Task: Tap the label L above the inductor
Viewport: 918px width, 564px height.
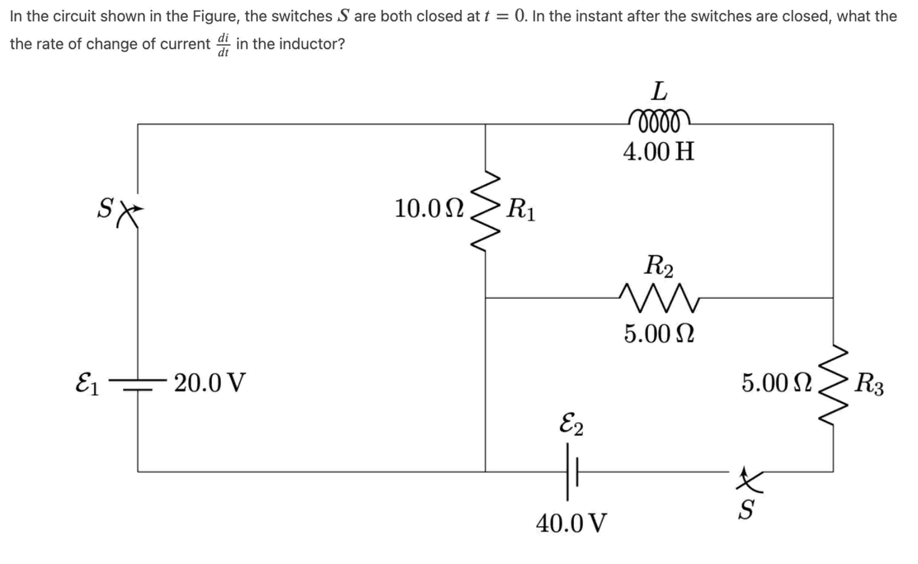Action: point(659,91)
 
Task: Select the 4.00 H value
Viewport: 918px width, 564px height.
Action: point(659,152)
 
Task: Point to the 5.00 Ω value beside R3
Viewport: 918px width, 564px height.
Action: point(777,383)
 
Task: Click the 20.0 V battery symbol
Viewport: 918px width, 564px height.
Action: point(138,385)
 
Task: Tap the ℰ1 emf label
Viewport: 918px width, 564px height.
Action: point(87,383)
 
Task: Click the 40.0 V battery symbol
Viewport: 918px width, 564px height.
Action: point(572,472)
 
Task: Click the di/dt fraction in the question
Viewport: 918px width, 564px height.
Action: point(223,44)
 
